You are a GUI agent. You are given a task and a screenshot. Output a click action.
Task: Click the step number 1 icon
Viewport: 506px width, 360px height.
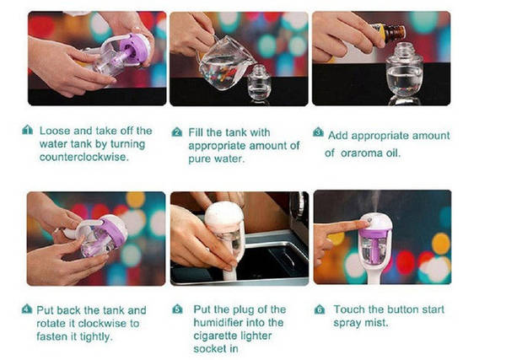pos(28,130)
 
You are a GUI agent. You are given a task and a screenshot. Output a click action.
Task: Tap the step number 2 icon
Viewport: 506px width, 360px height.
pos(177,132)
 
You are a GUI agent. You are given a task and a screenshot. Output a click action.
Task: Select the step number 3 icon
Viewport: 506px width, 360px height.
pos(318,132)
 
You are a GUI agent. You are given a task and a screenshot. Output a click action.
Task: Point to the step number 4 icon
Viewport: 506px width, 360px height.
pos(27,309)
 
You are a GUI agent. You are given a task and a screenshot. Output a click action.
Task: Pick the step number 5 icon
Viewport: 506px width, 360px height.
pos(177,309)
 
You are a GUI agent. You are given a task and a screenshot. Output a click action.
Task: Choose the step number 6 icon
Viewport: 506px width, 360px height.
pos(320,309)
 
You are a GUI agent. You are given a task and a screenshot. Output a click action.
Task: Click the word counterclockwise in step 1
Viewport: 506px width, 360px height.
pos(83,157)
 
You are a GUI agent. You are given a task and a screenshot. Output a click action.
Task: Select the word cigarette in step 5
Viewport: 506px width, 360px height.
pos(217,336)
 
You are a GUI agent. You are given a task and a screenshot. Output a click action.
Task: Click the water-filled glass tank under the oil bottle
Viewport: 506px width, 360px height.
pos(404,73)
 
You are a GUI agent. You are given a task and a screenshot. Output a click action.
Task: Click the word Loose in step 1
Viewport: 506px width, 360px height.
pos(55,131)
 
